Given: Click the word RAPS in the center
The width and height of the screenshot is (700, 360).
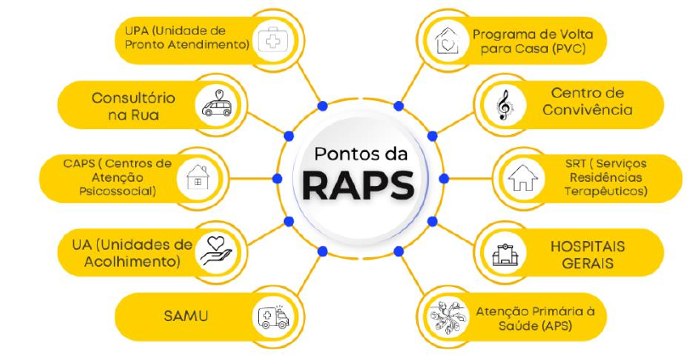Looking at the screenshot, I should click(358, 185).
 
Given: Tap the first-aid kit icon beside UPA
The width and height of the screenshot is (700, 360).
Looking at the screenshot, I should click(274, 40).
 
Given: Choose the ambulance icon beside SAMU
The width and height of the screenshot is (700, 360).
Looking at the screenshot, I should click(274, 316).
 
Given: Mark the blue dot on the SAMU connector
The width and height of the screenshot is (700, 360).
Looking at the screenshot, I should click(322, 250).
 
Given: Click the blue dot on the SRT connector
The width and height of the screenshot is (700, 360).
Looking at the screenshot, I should click(443, 178).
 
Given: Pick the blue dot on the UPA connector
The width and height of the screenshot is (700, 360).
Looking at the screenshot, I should click(322, 106).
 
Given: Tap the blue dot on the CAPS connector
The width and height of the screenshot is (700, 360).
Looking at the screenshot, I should click(277, 178).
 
